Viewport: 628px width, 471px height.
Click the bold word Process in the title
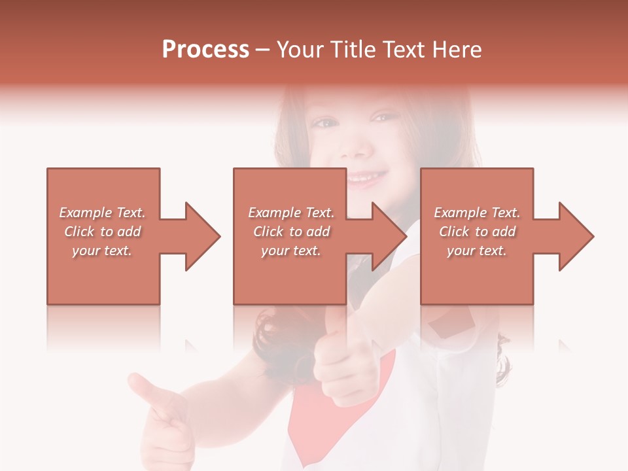click(205, 50)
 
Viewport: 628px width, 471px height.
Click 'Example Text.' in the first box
click(102, 213)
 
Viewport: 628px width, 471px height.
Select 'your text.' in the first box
click(102, 251)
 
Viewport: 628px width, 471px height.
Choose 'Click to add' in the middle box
click(291, 232)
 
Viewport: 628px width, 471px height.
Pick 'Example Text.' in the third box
click(477, 213)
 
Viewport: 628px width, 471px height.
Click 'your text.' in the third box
click(477, 251)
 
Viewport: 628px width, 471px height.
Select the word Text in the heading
click(406, 50)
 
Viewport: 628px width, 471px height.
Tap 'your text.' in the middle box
click(291, 251)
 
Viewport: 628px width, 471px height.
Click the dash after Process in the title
click(263, 50)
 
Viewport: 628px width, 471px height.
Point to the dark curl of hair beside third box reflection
click(502, 360)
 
